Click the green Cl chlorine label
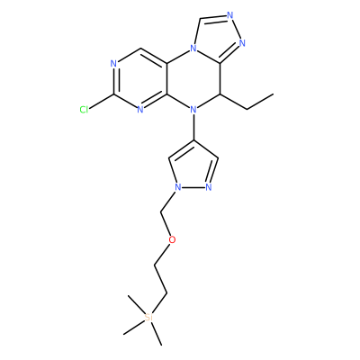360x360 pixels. tap(84, 110)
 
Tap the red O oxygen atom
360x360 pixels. tap(172, 239)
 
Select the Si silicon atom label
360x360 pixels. tap(148, 318)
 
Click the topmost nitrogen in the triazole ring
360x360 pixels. tap(230, 15)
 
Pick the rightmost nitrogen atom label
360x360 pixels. tap(242, 43)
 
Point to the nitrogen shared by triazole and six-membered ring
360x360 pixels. tap(193, 48)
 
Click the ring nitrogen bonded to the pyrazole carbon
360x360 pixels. tap(193, 110)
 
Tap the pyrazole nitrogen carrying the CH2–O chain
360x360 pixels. tap(177, 188)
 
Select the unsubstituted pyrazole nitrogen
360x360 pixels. tap(209, 188)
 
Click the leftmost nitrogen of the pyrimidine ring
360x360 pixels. tap(113, 64)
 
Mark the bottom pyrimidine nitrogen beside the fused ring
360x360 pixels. tap(140, 110)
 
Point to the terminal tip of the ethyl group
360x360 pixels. tap(274, 94)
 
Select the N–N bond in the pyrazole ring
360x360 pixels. tap(193, 188)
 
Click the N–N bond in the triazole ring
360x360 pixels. tap(237, 29)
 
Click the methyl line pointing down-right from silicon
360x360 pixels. tap(157, 334)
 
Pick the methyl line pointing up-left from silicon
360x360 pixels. tap(137, 305)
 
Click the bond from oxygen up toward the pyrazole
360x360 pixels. tap(166, 223)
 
